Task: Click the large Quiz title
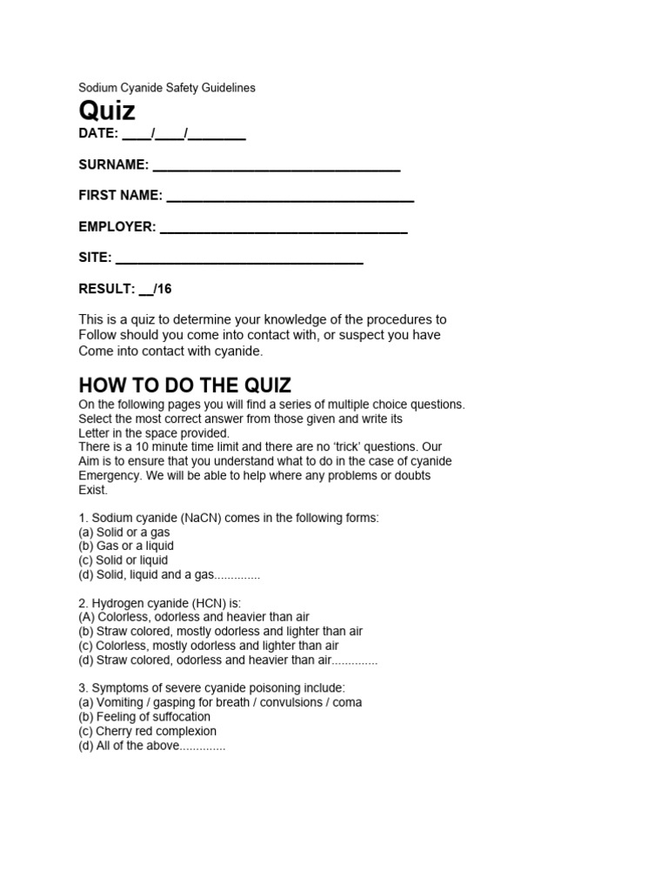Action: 107,111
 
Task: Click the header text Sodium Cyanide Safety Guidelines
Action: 167,88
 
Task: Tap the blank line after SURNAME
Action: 276,166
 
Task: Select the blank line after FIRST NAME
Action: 290,198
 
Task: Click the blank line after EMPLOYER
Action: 284,229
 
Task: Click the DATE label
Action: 97,134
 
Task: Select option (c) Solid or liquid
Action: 123,560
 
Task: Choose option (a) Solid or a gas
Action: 124,532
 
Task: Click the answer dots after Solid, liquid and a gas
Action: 237,575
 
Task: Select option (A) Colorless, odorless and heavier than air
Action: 193,617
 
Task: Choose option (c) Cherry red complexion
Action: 147,731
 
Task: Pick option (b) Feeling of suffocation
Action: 144,717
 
